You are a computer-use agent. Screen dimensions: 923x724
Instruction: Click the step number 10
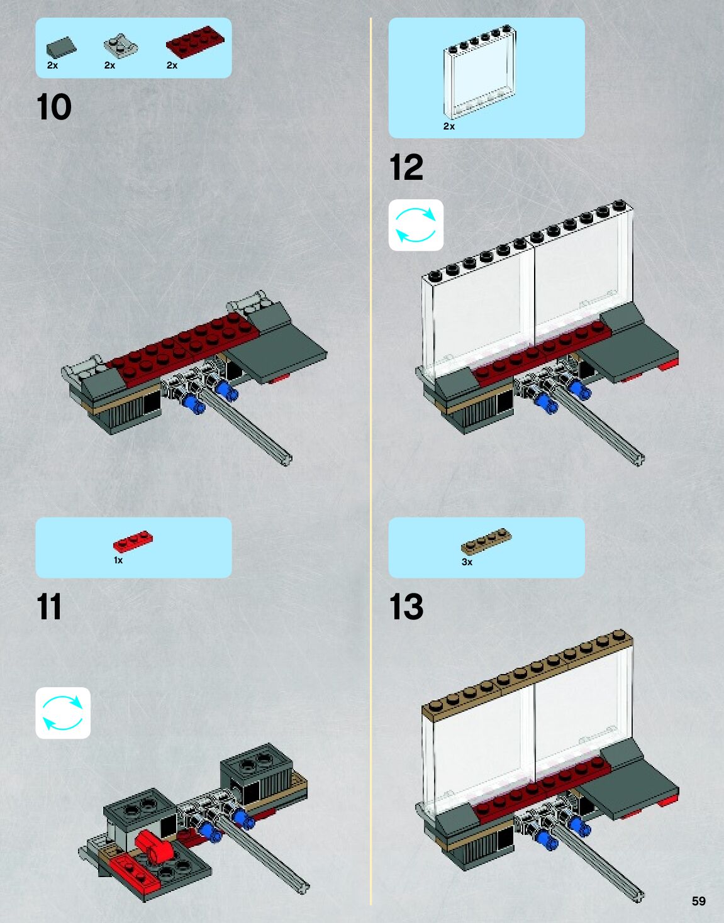(x=54, y=107)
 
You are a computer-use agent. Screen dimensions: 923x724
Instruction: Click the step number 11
(x=49, y=607)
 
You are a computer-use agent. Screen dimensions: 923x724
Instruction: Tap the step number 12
(x=406, y=167)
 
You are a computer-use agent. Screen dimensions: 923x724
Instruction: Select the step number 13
(x=406, y=607)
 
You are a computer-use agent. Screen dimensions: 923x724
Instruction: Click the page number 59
(x=698, y=901)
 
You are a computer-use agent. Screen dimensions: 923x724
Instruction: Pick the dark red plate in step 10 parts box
(x=195, y=42)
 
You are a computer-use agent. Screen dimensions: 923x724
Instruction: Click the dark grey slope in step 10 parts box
(x=62, y=47)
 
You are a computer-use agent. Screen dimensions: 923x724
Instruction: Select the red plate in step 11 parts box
(x=133, y=541)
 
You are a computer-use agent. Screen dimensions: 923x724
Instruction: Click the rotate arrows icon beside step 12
(x=416, y=225)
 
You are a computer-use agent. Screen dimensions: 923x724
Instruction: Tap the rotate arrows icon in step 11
(x=63, y=713)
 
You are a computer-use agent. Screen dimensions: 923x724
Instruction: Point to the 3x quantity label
(x=467, y=562)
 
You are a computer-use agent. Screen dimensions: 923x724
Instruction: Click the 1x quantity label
(x=118, y=560)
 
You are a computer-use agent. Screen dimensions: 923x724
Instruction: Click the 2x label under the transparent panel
(x=449, y=126)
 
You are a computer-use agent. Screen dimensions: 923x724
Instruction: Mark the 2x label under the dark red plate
(x=172, y=65)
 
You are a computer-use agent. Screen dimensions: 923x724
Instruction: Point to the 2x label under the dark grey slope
(x=53, y=65)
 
